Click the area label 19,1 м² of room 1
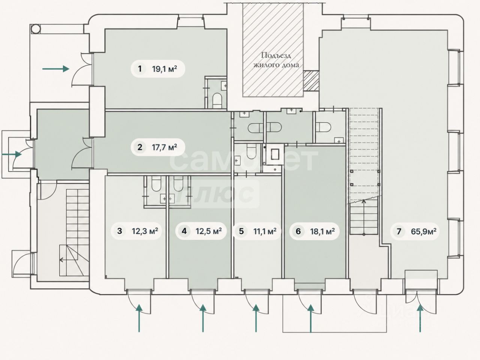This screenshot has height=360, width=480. (165, 69)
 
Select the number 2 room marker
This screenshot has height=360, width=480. (140, 147)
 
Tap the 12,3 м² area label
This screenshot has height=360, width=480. (145, 231)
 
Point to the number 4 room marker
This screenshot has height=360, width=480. (184, 231)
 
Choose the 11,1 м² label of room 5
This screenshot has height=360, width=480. (265, 231)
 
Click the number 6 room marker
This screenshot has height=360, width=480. (298, 231)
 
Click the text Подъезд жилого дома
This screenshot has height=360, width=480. (276, 60)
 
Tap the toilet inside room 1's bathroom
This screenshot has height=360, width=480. (217, 100)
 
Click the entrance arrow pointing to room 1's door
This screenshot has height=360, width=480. (56, 69)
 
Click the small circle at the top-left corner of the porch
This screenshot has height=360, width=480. (36, 28)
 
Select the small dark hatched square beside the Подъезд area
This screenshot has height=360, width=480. (311, 81)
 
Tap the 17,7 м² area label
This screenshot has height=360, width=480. (165, 147)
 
